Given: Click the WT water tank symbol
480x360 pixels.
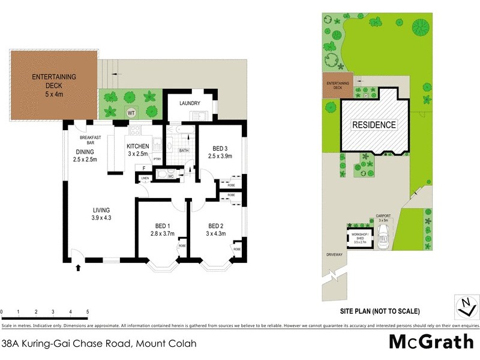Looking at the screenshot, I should click(130, 112).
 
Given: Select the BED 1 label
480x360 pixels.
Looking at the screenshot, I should click(159, 226).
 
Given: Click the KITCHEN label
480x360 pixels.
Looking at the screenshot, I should click(137, 146).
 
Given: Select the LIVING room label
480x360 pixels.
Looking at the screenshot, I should click(101, 209).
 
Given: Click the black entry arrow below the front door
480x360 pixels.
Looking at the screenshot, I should click(78, 268).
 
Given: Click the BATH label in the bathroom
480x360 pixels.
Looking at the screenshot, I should click(184, 151).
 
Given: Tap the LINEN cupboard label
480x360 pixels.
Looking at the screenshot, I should click(145, 179).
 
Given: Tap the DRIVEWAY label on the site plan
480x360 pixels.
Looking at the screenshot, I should click(335, 254).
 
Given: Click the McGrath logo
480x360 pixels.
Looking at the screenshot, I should click(431, 341).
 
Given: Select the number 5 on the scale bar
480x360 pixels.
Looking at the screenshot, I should click(88, 312).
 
